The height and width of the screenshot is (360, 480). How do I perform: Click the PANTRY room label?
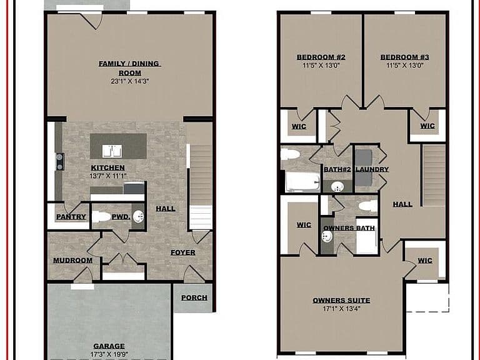(71, 217)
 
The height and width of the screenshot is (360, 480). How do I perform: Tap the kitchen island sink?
(112, 151)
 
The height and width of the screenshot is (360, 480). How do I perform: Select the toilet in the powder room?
(101, 217)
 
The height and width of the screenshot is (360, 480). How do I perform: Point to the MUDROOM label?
(73, 260)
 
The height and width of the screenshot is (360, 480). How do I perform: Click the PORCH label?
(194, 297)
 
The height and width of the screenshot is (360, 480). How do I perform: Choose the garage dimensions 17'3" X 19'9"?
(109, 354)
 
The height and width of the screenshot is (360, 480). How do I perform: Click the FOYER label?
(182, 252)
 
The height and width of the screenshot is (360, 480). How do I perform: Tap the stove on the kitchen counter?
(60, 162)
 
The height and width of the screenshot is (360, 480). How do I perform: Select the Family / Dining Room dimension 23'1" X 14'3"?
(130, 81)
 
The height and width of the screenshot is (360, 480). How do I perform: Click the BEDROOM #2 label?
(321, 57)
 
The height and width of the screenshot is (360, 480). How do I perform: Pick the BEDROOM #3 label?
(405, 57)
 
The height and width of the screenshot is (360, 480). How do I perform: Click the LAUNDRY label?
(372, 169)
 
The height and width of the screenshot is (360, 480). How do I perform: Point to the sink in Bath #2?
(337, 186)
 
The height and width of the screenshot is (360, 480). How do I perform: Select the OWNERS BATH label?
(349, 228)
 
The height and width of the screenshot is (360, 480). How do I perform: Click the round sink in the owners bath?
(327, 236)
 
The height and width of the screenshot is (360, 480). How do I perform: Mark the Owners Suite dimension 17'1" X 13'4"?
(341, 309)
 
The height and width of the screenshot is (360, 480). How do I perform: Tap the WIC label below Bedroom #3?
(427, 126)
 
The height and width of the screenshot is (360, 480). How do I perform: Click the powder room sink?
(139, 216)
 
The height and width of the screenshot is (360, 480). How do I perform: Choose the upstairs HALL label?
(402, 204)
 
